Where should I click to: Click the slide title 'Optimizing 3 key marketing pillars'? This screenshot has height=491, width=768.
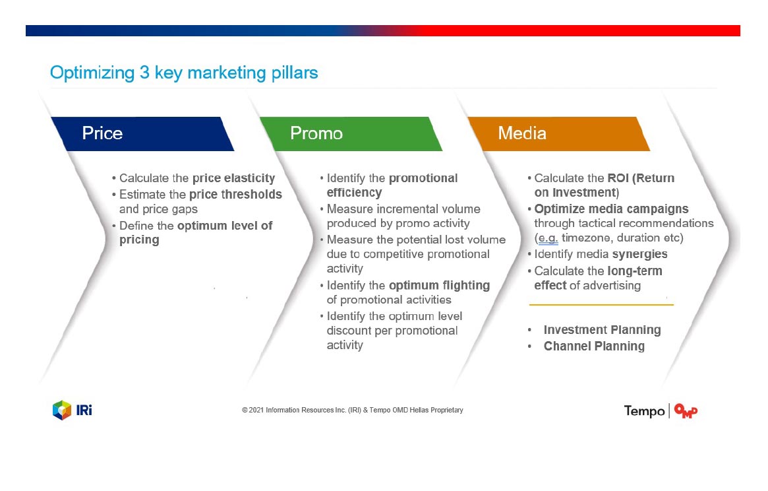pos(184,73)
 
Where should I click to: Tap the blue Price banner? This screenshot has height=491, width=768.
pos(142,133)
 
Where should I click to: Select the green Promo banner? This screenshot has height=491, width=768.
pos(351,133)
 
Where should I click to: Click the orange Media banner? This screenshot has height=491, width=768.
pos(559,133)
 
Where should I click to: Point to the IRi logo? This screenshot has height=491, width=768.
pos(73,410)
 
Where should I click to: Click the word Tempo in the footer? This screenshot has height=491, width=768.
pos(644,410)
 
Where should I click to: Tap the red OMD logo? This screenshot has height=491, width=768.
pos(686,410)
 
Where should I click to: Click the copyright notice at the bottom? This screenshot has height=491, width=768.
pos(352,410)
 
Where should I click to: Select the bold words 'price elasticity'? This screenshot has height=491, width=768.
pos(234,178)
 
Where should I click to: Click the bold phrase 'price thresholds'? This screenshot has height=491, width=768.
pos(235,194)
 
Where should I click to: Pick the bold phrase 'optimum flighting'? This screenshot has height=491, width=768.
pos(439,286)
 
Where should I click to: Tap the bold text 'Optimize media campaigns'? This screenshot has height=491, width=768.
pos(611,209)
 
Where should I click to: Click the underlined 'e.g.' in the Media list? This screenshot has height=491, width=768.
pos(548,238)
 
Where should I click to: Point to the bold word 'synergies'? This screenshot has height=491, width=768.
pos(639,254)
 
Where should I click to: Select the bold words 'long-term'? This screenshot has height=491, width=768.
pos(634,271)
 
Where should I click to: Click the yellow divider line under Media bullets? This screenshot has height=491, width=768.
pos(601,305)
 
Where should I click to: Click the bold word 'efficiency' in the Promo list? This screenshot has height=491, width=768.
pos(354,193)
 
